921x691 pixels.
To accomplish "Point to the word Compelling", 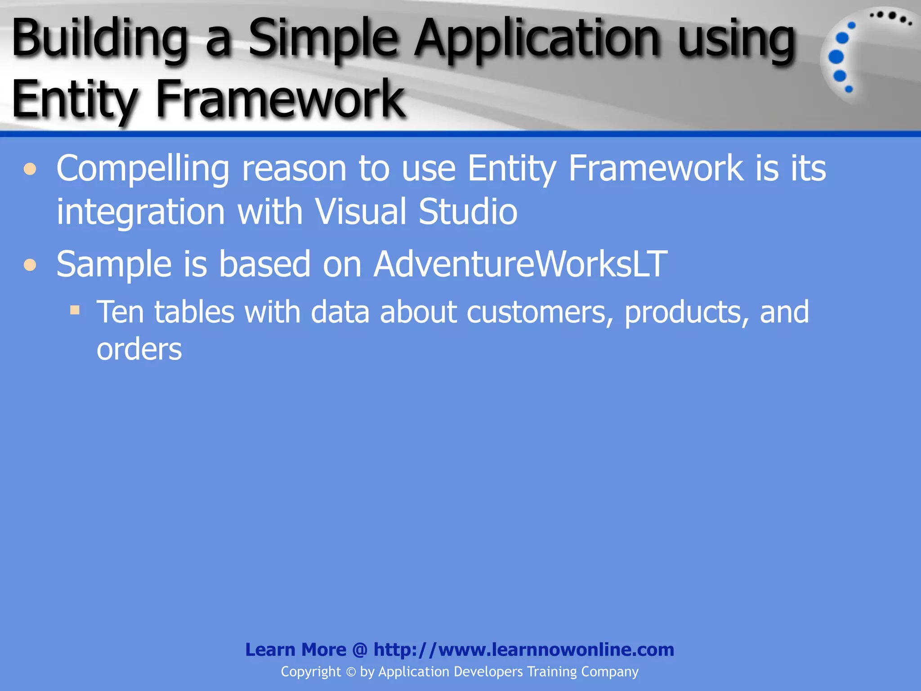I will (143, 168).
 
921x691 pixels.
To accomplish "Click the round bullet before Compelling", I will (30, 170).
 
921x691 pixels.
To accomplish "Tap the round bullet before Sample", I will (30, 265).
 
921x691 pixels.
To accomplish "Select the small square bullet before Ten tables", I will (75, 310).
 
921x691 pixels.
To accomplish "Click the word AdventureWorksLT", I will (520, 264).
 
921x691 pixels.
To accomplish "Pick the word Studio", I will (468, 211).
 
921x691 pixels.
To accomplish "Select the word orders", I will (139, 350).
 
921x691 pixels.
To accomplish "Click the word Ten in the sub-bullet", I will (120, 312).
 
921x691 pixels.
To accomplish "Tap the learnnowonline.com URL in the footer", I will (523, 650).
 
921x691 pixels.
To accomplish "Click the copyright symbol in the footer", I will (351, 672).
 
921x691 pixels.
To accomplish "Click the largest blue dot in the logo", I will (836, 57).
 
